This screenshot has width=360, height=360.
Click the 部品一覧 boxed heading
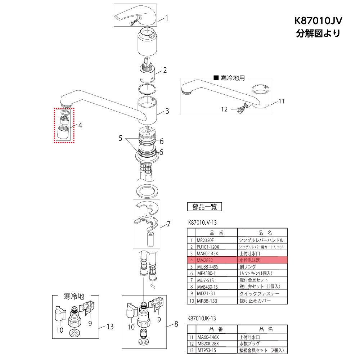204,207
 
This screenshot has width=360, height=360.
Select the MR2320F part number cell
216,240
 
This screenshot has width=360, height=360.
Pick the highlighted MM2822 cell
216,260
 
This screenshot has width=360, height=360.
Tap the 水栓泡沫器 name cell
262,260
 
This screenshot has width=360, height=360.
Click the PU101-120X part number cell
216,247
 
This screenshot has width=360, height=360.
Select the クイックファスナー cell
262,294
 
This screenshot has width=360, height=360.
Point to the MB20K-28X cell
216,343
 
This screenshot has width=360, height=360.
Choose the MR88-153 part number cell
216,301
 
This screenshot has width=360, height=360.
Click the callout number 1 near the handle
167,18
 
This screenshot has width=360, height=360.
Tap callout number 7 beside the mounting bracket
168,225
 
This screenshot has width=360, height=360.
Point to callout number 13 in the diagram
110,327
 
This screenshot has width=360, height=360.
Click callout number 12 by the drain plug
224,109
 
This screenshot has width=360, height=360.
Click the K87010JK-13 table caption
202,319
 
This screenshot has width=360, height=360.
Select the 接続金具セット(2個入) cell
262,350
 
